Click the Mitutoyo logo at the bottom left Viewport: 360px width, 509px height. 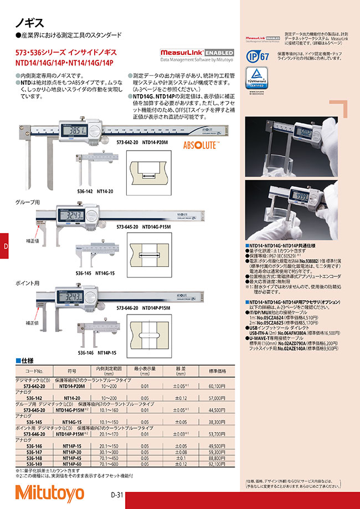49,492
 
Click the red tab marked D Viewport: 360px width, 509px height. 6,246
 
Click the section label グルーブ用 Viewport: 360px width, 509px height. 26,203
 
